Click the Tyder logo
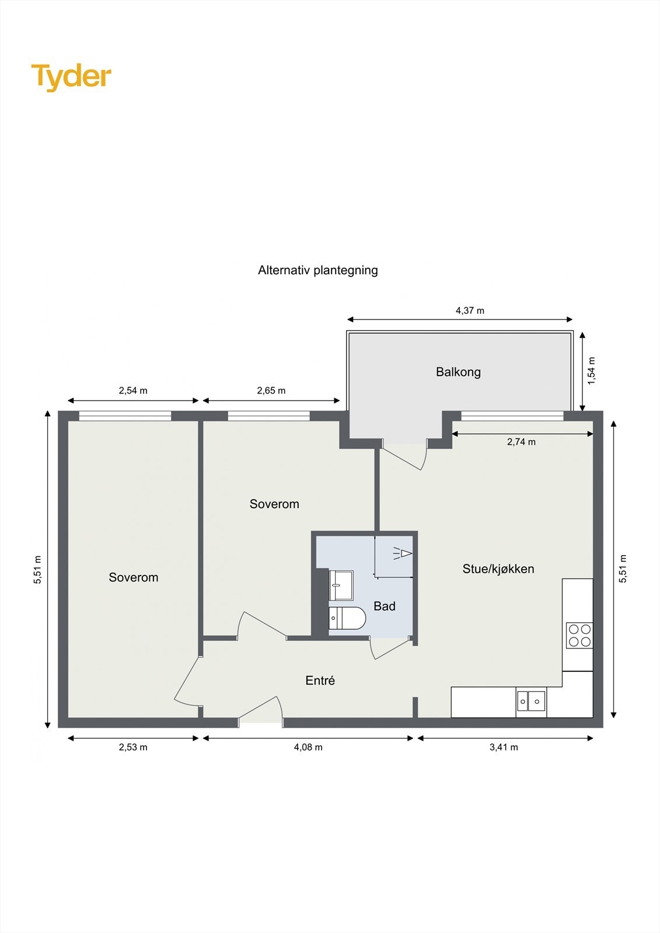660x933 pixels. (71, 77)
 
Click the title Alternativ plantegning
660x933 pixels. (318, 270)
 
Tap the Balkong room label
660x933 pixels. (458, 372)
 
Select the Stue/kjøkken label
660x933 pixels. (498, 569)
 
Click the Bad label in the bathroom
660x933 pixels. (385, 606)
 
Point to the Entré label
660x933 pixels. (320, 681)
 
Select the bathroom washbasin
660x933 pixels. (341, 585)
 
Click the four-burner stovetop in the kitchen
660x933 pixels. (579, 635)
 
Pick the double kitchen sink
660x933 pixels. (531, 701)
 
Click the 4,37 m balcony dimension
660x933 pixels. (470, 311)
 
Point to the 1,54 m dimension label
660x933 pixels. (592, 370)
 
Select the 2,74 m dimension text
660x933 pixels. (521, 442)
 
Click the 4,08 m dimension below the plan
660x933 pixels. (308, 747)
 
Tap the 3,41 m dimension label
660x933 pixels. (504, 747)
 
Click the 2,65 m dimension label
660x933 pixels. (271, 391)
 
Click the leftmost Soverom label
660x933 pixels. (134, 577)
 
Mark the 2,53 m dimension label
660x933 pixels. (133, 747)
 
